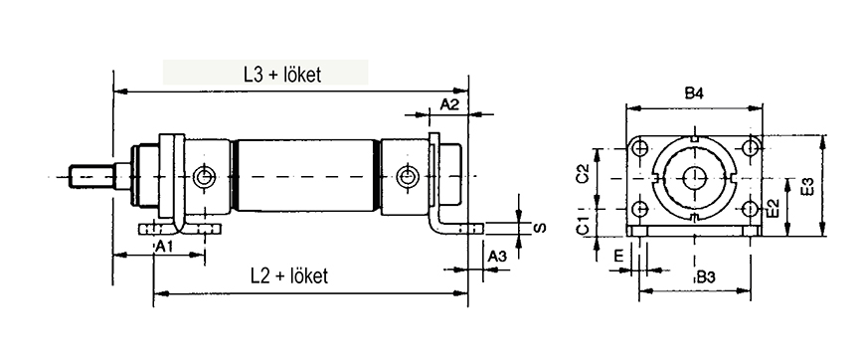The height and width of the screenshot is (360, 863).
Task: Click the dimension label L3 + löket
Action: [x=282, y=75]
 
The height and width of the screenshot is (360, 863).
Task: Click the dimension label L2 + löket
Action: [x=289, y=275]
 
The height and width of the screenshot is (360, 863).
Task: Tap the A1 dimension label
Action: [x=164, y=248]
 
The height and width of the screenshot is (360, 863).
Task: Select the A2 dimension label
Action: [x=449, y=104]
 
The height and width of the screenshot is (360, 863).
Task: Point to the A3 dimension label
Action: [x=497, y=256]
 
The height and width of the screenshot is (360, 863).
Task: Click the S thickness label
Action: [x=541, y=228]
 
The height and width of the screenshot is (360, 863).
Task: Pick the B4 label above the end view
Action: [x=695, y=93]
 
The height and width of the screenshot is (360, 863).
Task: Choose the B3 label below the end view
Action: [x=705, y=278]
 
